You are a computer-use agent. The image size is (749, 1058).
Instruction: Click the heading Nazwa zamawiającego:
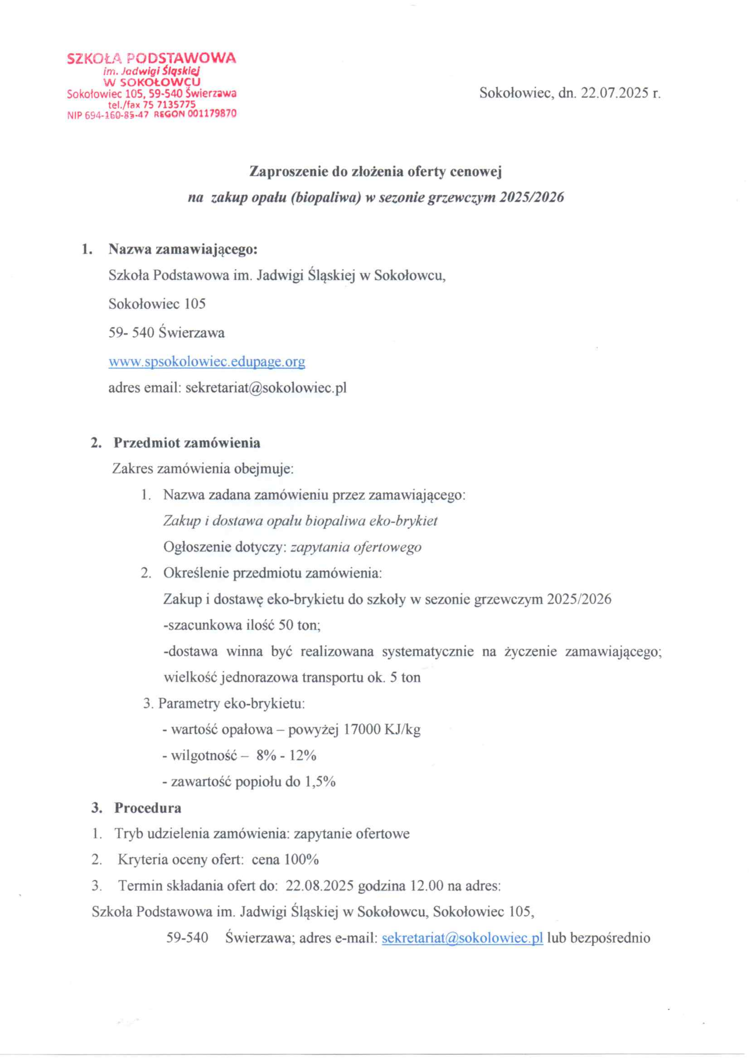coord(182,249)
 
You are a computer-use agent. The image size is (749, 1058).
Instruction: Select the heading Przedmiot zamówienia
coord(187,443)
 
